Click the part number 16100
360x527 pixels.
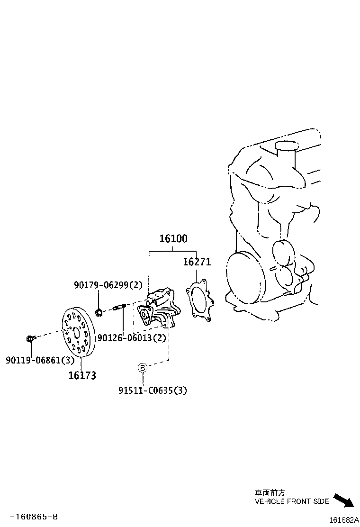(x=173, y=239)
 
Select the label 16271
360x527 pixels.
(x=197, y=262)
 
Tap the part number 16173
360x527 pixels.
(x=82, y=375)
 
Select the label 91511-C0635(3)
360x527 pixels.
(x=153, y=391)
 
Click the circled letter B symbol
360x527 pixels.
(x=143, y=367)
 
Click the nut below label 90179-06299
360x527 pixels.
(x=99, y=312)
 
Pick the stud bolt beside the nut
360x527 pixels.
(x=119, y=307)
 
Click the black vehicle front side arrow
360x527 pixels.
(x=343, y=501)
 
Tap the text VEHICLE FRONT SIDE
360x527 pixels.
(x=291, y=501)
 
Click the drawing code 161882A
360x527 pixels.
(x=343, y=520)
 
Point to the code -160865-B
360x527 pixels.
(x=35, y=516)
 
